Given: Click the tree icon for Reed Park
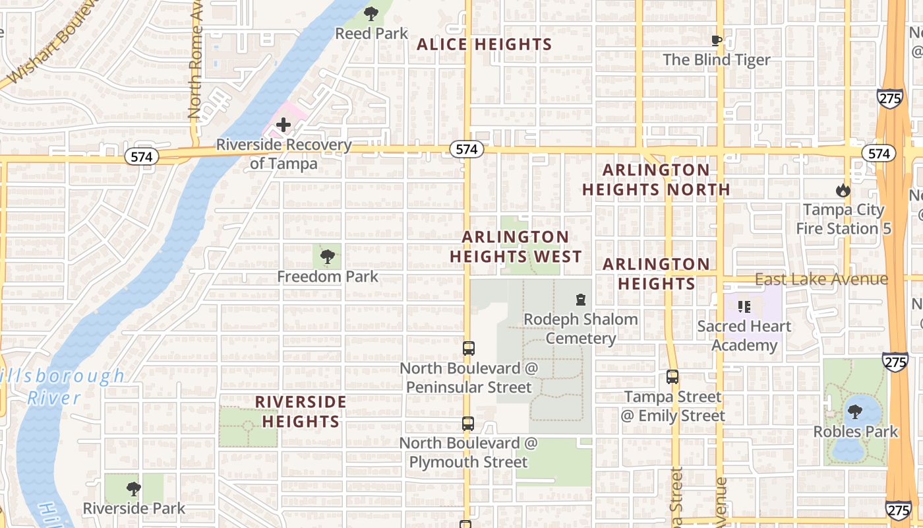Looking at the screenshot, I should point(371,13).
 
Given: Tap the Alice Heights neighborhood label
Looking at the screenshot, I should point(485,45).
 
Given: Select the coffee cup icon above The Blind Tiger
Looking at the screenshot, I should point(717,41).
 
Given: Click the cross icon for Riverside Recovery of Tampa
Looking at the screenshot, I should point(283,124).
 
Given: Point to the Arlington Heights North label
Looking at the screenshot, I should point(656,180).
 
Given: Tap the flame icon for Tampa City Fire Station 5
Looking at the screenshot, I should point(843,191).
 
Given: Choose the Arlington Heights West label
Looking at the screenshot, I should point(516,247).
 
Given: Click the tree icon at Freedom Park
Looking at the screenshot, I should point(327,257).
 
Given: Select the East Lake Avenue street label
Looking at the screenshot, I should point(821,279).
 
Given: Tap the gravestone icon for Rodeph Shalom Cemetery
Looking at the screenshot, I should point(581,300).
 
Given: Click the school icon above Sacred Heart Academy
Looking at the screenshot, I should point(744,306).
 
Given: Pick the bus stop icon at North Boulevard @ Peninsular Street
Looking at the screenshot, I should point(469,348).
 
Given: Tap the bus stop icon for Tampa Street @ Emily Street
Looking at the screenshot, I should point(672,377).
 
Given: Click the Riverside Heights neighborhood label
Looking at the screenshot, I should point(301,411).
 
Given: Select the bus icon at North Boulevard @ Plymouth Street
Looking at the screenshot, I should point(468,424).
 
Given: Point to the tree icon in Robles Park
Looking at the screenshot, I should point(855,412).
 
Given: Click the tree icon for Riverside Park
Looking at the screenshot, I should point(134,489).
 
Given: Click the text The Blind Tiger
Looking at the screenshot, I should point(717,60).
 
